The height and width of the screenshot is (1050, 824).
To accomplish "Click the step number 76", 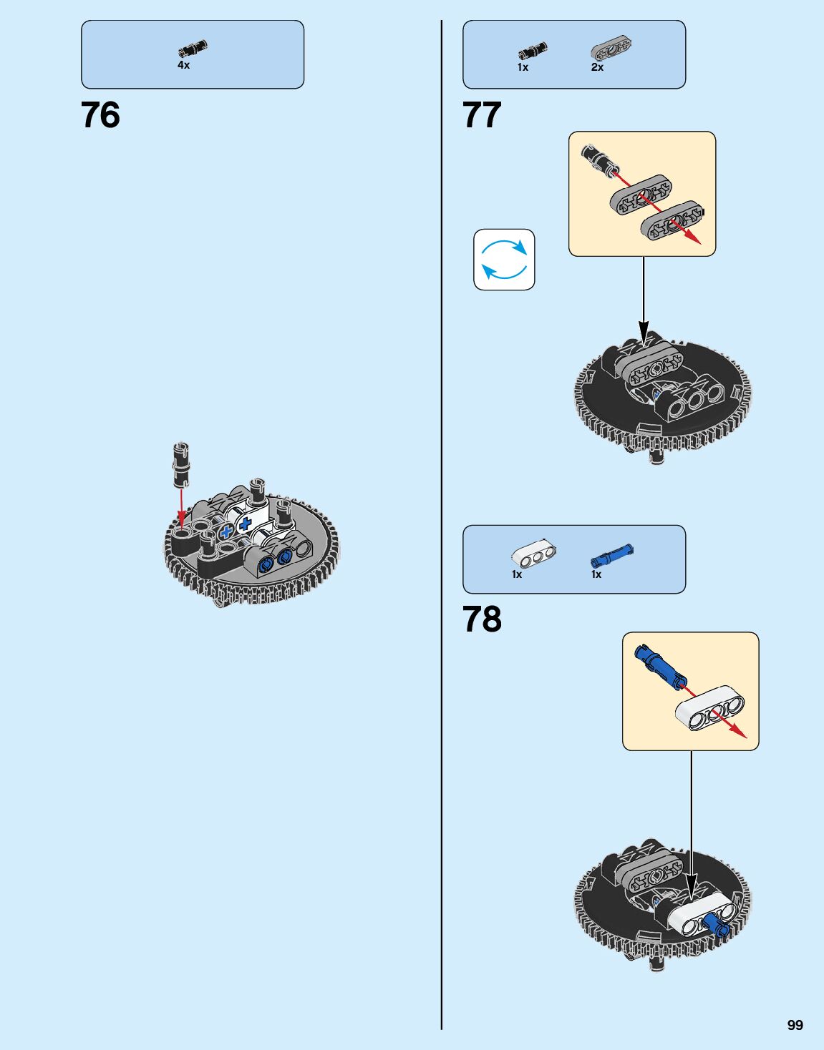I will tap(100, 115).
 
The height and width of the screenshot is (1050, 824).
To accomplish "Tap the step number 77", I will tap(482, 115).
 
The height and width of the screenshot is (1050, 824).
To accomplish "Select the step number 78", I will tap(482, 619).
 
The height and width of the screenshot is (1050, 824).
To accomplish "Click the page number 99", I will tap(795, 1025).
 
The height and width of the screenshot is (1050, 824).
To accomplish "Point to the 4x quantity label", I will tap(184, 65).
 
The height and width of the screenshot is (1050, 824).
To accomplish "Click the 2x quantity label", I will tap(597, 67).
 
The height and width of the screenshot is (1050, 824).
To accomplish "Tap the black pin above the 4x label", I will tap(192, 49).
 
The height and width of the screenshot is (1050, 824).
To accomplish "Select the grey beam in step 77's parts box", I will tap(611, 49).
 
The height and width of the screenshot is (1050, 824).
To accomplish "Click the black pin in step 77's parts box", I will tap(532, 51).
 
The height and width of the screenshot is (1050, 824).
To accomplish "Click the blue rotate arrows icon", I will tap(504, 260).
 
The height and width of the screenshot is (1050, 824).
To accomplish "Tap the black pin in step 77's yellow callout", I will tap(596, 157).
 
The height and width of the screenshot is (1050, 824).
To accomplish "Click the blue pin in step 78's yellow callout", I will tap(660, 663).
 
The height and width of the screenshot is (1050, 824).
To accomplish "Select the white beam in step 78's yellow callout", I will tap(710, 707).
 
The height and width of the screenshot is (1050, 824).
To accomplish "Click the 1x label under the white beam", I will tap(517, 574).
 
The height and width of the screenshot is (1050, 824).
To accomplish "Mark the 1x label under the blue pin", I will tap(596, 574).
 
